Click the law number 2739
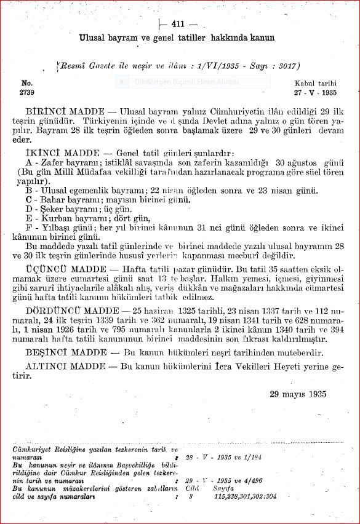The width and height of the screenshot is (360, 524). (28, 93)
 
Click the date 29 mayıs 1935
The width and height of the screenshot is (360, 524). (298, 394)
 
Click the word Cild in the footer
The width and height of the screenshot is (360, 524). (190, 490)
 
